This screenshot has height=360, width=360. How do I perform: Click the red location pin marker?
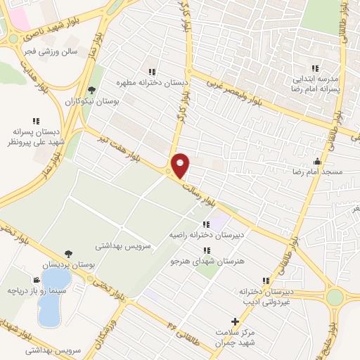tap(181, 165)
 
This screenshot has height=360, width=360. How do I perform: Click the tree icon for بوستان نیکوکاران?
tap(92, 90)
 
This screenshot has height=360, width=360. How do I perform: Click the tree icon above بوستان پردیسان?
tap(68, 254)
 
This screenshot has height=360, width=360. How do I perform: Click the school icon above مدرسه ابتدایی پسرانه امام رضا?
tap(315, 68)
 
